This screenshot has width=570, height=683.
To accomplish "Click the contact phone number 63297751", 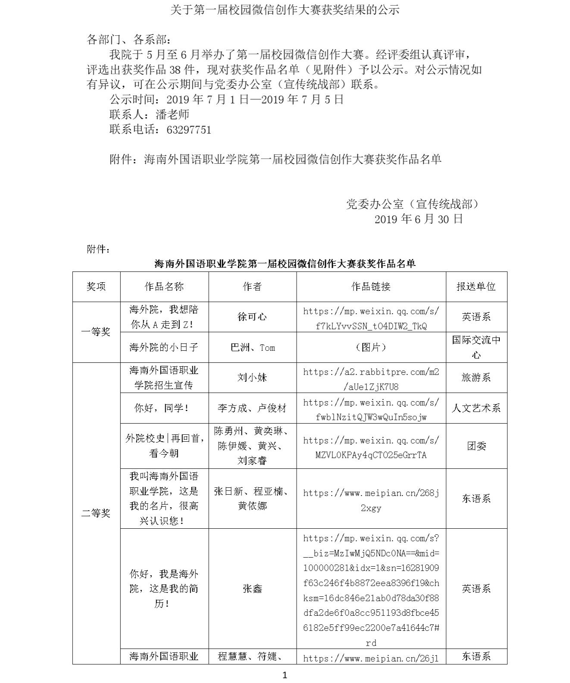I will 188,130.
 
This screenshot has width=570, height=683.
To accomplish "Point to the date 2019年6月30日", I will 418,219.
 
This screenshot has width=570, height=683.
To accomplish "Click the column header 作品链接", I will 371,287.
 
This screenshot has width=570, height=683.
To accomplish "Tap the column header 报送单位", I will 476,287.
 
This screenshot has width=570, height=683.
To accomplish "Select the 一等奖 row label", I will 96,332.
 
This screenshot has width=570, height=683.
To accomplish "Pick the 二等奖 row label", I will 96,513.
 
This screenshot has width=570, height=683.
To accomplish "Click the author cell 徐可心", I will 252,317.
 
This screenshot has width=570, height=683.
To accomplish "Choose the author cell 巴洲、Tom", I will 252,347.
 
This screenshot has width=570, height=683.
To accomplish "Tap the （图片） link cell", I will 371,347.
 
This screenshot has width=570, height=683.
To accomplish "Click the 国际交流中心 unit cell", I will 476,347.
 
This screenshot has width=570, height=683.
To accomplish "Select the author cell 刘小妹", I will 252,377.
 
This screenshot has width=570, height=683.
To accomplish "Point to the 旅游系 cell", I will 476,377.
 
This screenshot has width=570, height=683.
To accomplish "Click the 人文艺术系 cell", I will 476,408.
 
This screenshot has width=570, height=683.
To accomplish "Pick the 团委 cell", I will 476,446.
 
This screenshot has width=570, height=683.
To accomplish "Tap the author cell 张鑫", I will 252,589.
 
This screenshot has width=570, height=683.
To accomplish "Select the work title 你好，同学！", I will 164,408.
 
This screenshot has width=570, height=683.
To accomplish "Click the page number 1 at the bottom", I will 285,675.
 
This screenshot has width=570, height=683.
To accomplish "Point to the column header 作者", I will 252,287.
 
